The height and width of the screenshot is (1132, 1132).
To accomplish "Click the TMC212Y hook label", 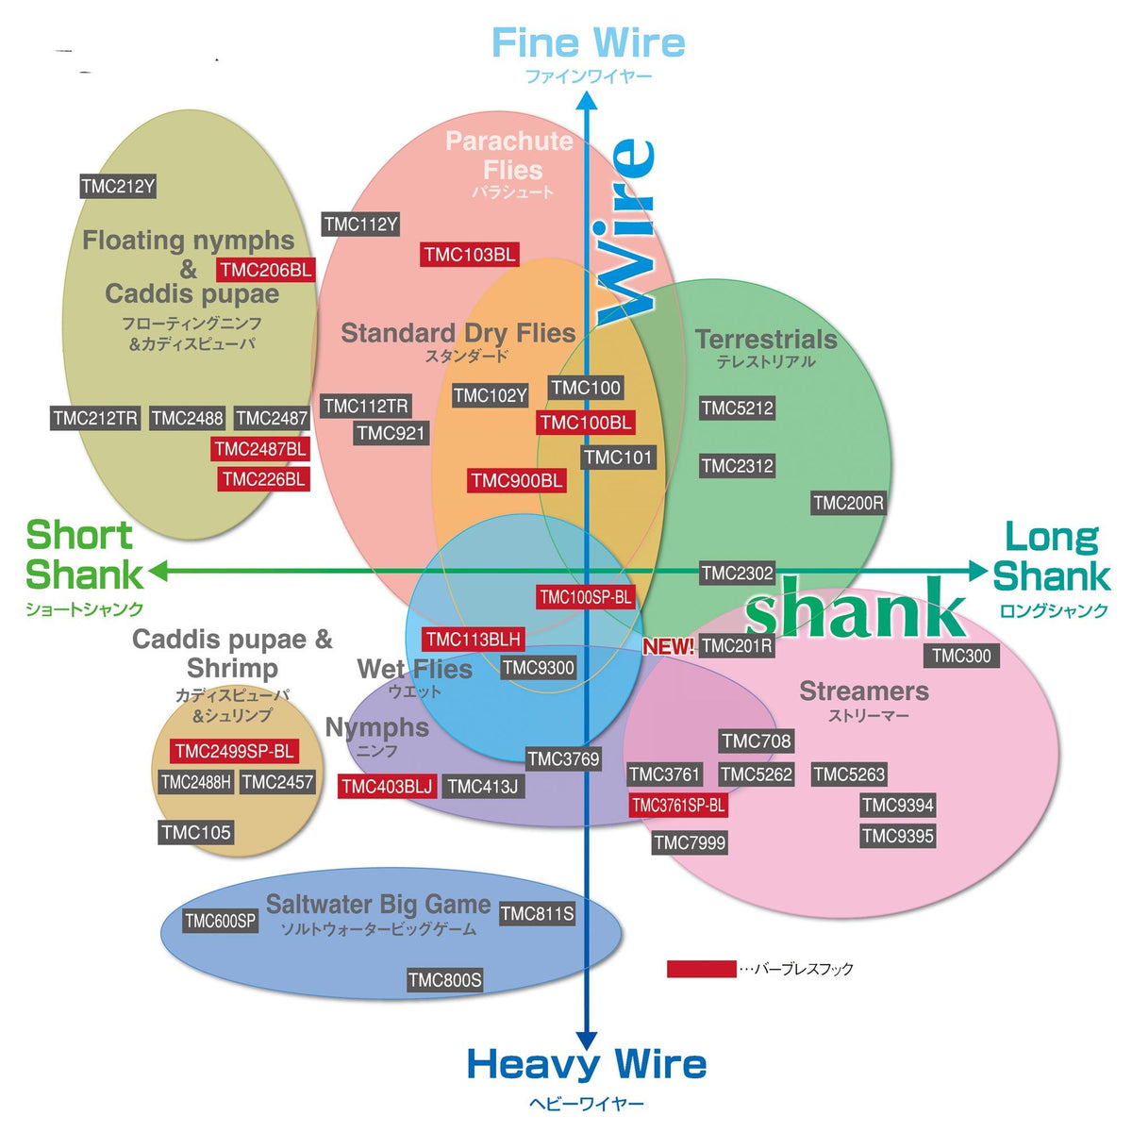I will (118, 186).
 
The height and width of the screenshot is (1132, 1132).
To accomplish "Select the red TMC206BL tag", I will (265, 270).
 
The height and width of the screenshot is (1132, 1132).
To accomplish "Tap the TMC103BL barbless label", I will (469, 254).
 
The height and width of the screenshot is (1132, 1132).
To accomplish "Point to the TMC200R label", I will (848, 503).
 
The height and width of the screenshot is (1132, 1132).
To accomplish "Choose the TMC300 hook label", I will (961, 656).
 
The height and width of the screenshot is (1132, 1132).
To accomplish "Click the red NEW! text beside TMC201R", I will (669, 647).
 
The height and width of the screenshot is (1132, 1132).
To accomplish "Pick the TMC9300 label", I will (538, 668).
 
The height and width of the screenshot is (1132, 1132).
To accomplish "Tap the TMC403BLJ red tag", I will (387, 787).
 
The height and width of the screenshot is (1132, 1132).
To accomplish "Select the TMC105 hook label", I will (195, 832).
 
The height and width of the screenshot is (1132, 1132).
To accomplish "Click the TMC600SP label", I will (220, 921).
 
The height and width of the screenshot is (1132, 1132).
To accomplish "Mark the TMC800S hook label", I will (444, 980).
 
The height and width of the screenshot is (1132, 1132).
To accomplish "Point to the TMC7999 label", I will (690, 842).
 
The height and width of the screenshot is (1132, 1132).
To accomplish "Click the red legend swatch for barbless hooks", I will (701, 969).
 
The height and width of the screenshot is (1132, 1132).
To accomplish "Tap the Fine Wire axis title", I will (588, 43).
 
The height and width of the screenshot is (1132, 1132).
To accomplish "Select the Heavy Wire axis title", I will (586, 1064).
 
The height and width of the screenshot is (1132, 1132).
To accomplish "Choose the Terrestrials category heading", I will (766, 340).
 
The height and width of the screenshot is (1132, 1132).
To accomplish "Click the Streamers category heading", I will (864, 691).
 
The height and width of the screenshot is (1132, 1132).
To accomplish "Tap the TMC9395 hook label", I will (897, 836).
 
